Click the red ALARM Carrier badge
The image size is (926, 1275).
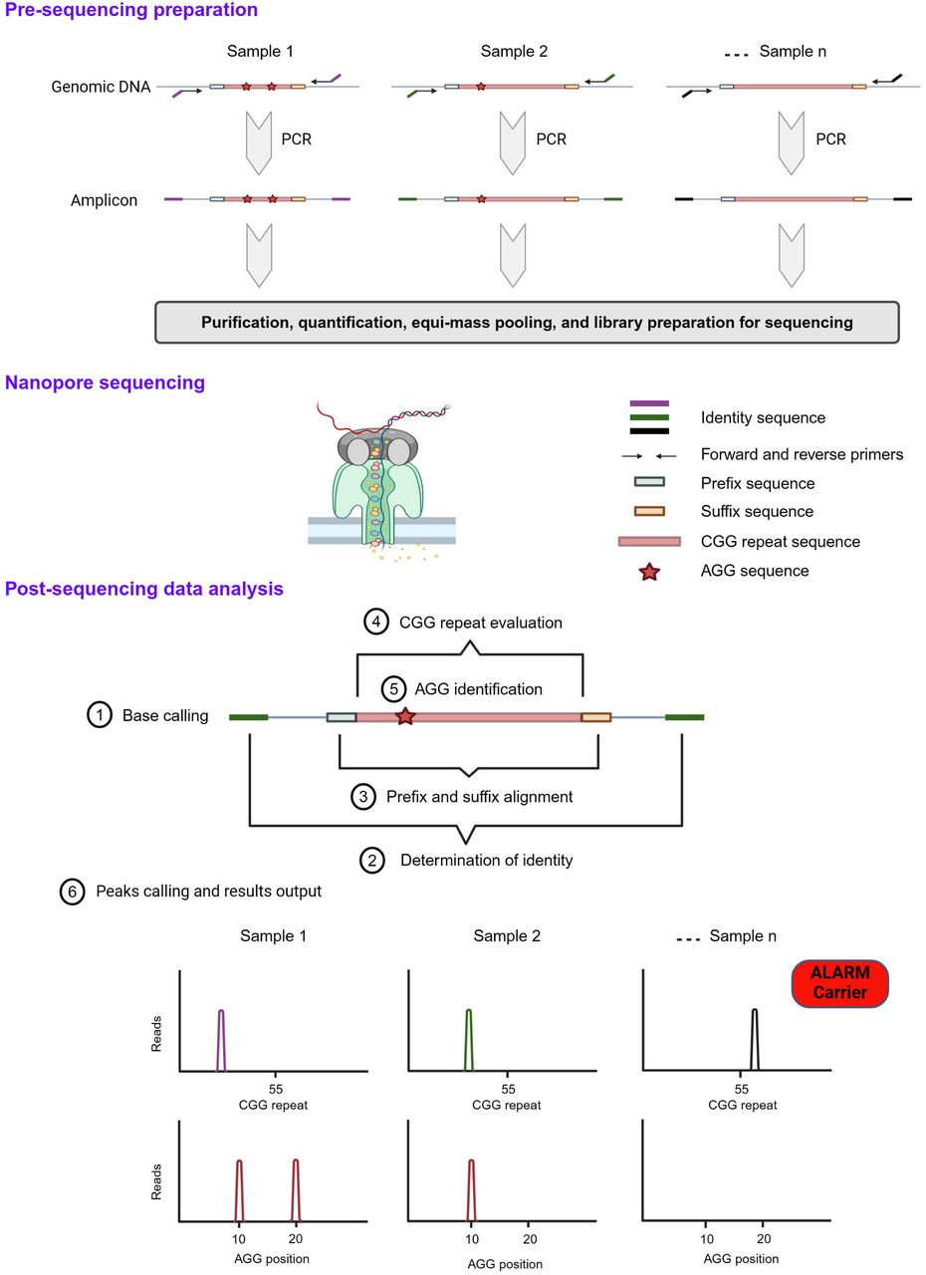coord(839,983)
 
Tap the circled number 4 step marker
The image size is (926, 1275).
coord(376,622)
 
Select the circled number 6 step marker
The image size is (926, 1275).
coord(73,892)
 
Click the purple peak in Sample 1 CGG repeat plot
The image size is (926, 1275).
coord(221,1040)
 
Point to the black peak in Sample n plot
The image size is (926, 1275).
coord(754,1040)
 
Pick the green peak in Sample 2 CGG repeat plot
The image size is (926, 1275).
coord(469,1040)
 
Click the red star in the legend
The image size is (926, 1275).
coord(649,572)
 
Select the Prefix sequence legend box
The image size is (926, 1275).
coord(649,482)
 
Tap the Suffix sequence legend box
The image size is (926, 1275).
coord(649,511)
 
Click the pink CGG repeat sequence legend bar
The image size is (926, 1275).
coord(649,541)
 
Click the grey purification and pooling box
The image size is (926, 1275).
coord(527,322)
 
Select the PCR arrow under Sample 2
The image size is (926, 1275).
coord(513,142)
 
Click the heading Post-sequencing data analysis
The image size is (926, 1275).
coord(144,588)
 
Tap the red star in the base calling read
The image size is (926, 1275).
coord(405,716)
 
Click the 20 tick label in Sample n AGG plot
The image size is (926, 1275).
coord(764,1238)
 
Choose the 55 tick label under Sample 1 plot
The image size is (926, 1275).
coord(275,1089)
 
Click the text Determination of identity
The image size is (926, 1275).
coord(486,860)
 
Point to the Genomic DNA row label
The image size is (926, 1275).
coord(101,87)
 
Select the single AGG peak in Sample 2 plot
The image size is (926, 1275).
coord(471,1190)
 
